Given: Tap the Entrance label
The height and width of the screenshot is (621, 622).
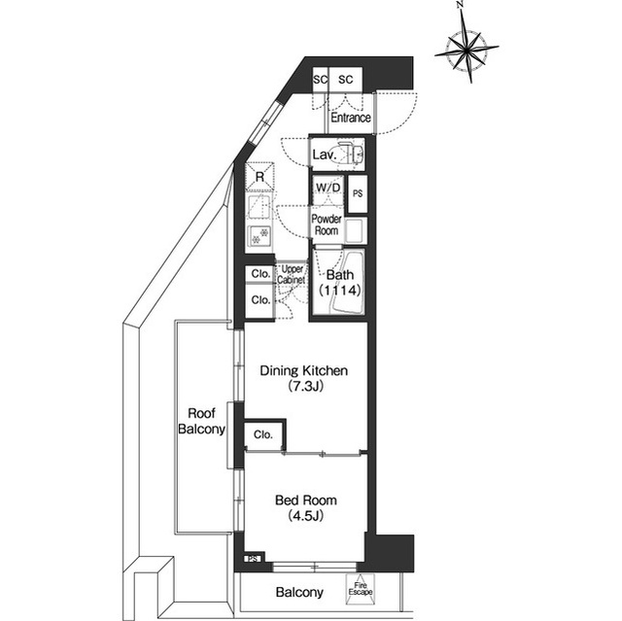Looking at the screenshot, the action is pyautogui.click(x=351, y=118).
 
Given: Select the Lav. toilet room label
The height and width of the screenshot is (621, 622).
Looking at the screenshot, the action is pyautogui.click(x=325, y=155).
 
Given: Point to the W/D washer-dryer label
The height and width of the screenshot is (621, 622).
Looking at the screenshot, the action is pyautogui.click(x=328, y=188).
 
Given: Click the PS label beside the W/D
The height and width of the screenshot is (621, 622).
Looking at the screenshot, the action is pyautogui.click(x=358, y=193).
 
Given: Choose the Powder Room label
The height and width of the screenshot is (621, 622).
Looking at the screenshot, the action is pyautogui.click(x=327, y=224).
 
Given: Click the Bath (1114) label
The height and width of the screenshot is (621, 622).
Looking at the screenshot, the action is pyautogui.click(x=340, y=283).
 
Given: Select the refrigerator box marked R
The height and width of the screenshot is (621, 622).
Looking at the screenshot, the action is pyautogui.click(x=259, y=177).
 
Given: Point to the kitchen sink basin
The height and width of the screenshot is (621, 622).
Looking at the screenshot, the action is pyautogui.click(x=259, y=207).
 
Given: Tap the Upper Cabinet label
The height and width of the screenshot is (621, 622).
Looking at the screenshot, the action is pyautogui.click(x=292, y=274).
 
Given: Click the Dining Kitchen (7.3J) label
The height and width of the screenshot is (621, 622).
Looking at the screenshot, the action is pyautogui.click(x=304, y=378).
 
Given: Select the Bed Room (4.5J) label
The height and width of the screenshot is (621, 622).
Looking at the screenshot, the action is pyautogui.click(x=306, y=507).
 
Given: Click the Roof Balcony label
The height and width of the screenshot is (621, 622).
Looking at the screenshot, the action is pyautogui.click(x=201, y=421).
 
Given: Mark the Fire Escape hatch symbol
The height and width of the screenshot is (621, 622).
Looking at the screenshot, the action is pyautogui.click(x=361, y=590).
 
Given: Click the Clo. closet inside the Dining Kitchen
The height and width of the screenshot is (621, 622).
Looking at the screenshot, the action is pyautogui.click(x=263, y=434).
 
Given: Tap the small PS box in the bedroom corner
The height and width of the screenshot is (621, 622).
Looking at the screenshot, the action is pyautogui.click(x=254, y=559).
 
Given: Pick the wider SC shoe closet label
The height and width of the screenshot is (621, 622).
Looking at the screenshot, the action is pyautogui.click(x=346, y=80).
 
